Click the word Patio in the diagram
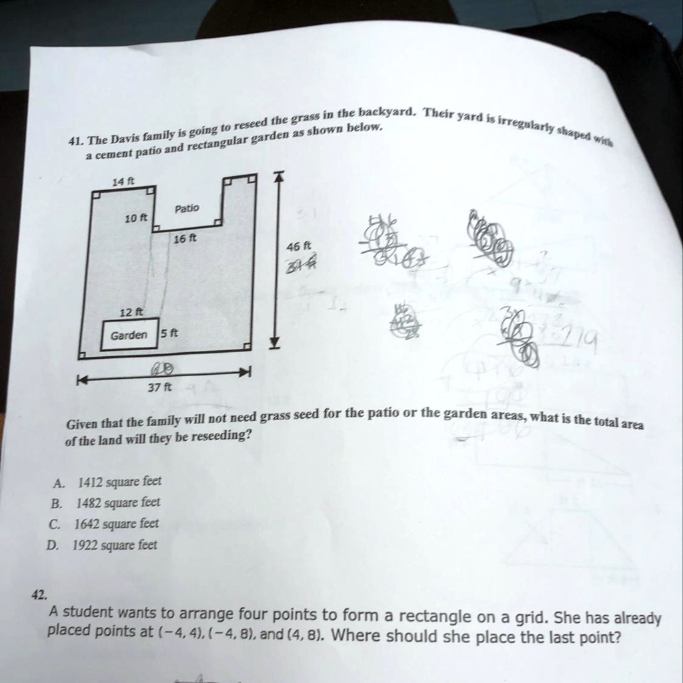(x=186, y=209)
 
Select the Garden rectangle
(x=129, y=335)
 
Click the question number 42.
(x=37, y=596)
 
